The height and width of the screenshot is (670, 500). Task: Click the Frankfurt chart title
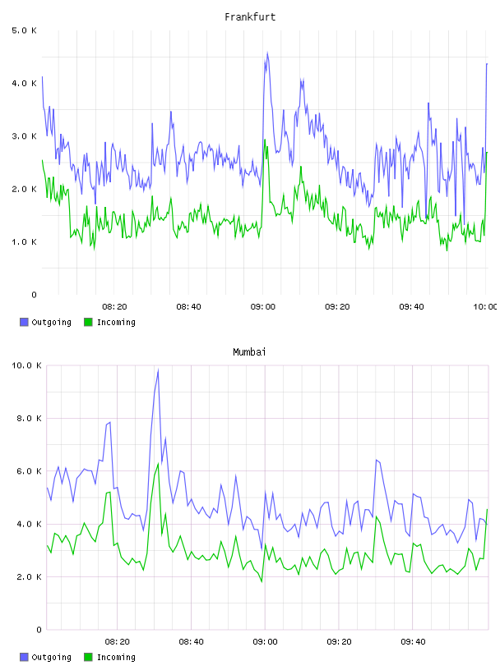(x=250, y=17)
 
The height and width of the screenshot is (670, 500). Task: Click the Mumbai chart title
(x=249, y=352)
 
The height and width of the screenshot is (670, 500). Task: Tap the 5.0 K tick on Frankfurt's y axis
(x=24, y=30)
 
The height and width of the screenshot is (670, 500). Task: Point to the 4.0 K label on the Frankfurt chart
(x=24, y=83)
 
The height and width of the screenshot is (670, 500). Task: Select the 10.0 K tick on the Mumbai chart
(x=26, y=365)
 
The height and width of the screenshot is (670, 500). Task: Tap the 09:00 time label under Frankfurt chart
(x=263, y=307)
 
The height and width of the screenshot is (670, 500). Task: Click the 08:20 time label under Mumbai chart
(x=118, y=642)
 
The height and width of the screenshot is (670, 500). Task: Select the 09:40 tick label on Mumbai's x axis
(x=413, y=642)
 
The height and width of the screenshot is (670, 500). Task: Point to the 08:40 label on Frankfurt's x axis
(x=189, y=307)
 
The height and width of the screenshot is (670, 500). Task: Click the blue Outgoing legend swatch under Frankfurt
(x=24, y=322)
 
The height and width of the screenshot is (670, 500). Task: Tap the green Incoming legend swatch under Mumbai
(x=88, y=657)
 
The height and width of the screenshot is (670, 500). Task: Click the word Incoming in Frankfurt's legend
(x=116, y=323)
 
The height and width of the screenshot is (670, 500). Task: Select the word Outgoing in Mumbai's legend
(x=51, y=658)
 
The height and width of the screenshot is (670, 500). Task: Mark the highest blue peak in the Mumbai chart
(x=158, y=370)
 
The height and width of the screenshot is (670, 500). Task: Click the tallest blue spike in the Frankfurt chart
(x=267, y=53)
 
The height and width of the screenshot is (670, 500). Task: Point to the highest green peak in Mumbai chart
(x=158, y=464)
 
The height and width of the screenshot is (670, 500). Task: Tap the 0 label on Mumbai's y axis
(x=39, y=630)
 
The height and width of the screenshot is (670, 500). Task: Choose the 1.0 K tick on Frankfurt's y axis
(x=24, y=242)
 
